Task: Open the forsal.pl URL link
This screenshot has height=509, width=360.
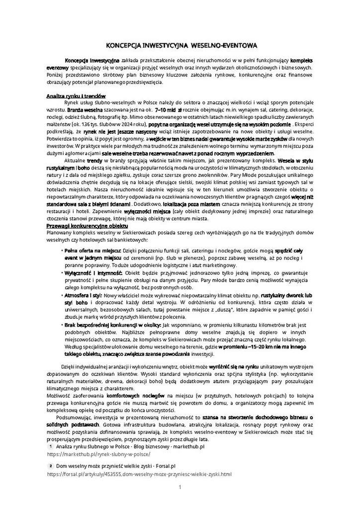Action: tap(139, 474)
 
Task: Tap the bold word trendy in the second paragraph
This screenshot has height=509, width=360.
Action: tap(94, 161)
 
